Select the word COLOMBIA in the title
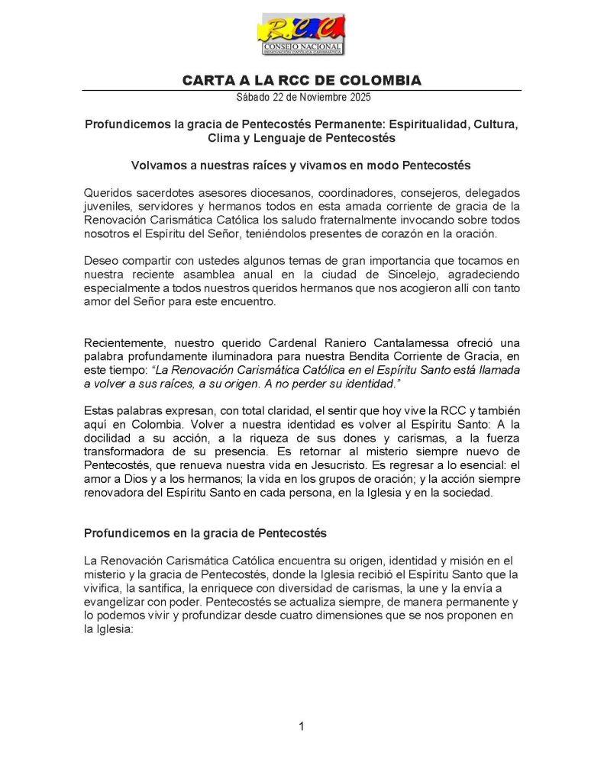381,81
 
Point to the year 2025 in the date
356,98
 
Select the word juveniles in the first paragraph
108,206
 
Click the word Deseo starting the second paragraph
102,261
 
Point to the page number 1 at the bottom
302,727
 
